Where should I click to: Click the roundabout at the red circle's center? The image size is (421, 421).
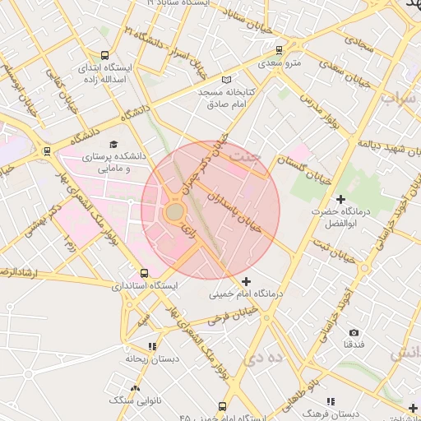pos(175,212)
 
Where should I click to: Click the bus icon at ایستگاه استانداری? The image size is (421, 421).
pos(145,273)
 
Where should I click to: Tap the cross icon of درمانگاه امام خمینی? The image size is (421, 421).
pos(246,281)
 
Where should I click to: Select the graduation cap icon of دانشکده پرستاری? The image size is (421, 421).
pos(113,143)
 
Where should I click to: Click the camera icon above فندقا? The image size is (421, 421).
pos(354,332)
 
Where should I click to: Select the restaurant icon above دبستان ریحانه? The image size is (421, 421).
pos(151,346)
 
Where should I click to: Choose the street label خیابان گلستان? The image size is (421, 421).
pos(303,169)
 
